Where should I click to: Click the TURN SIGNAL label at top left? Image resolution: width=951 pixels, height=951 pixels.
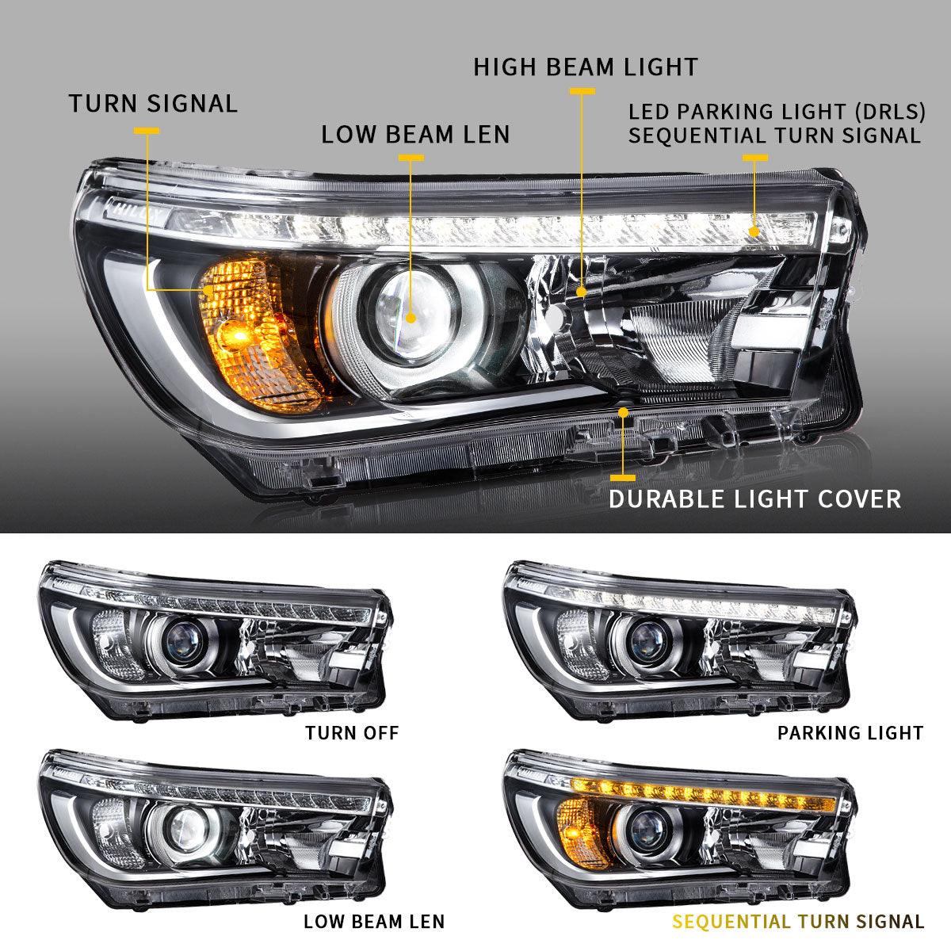[153, 104]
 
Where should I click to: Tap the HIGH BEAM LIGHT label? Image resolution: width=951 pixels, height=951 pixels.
[586, 67]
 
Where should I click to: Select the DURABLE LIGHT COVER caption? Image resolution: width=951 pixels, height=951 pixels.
[754, 498]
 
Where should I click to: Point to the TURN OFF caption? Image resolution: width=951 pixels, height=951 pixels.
[352, 732]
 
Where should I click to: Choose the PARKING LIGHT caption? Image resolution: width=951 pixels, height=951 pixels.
[850, 732]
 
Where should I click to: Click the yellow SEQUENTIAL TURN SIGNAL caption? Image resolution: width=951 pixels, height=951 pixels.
[798, 922]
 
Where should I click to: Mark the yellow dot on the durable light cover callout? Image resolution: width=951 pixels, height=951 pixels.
[624, 412]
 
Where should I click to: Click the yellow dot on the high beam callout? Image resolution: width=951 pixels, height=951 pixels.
[582, 292]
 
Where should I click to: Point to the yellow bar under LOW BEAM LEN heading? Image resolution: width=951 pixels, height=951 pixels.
[411, 158]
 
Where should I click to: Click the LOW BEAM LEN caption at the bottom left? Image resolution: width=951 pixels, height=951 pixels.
[374, 922]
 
